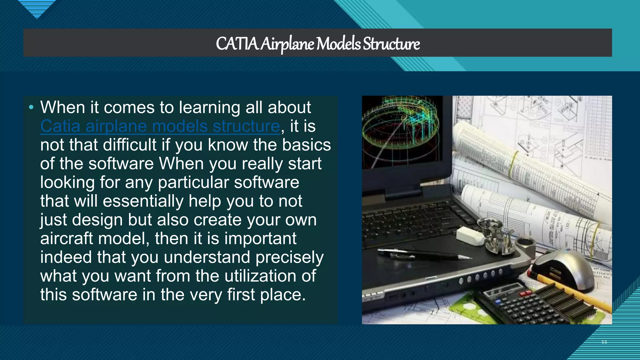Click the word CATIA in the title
pos(237,44)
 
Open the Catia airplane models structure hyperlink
pos(160,126)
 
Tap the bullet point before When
pos(31,107)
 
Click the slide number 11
pos(604,342)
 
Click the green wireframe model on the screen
pos(400,125)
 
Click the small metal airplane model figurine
pos(497,236)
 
